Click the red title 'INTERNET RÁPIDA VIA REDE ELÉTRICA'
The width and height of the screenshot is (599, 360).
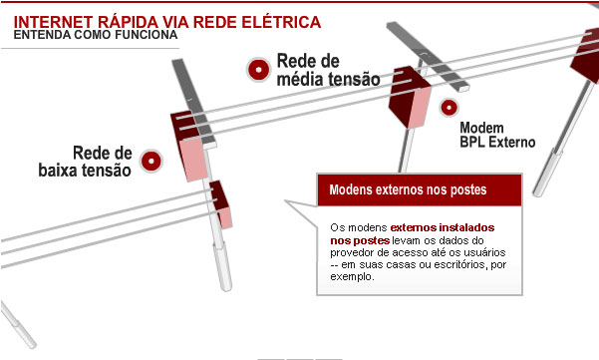[166, 22]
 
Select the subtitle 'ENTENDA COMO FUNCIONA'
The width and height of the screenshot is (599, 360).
[96, 35]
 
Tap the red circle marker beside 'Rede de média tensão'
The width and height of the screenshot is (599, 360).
[258, 70]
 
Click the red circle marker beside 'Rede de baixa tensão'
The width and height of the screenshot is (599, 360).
[151, 161]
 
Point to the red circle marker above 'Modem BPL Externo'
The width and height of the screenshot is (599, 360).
[449, 108]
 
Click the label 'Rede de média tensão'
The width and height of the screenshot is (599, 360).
[328, 70]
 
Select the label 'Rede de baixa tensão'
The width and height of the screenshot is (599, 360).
[85, 162]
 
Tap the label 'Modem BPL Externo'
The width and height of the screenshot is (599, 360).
[497, 135]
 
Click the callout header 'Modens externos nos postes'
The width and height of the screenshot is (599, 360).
[408, 189]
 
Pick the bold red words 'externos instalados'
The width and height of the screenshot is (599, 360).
[443, 227]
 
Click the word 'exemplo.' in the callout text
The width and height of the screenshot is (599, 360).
[352, 276]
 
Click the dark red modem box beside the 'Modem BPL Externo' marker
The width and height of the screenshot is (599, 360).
[410, 98]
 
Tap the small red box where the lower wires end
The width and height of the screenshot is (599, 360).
[221, 204]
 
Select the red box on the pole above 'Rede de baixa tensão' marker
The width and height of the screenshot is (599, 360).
[189, 147]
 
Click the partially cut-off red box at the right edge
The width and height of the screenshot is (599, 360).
[586, 56]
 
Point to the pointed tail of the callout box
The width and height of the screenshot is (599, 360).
[286, 201]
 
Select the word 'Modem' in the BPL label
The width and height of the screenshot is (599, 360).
[481, 128]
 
